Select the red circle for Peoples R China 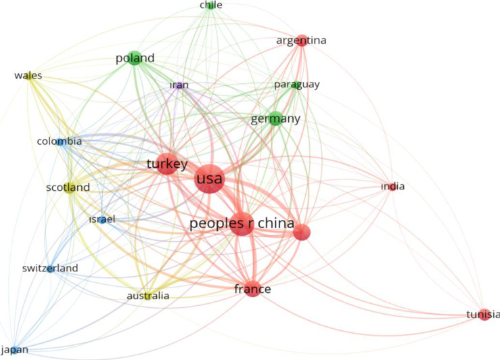coord(242,224)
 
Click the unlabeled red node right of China coord(301,232)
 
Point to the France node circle coord(252,289)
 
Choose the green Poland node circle coord(135,58)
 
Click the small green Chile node coord(210,5)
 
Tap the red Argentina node coord(302,41)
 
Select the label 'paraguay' coord(296,85)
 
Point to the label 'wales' coord(28,76)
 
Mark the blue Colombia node coord(61,142)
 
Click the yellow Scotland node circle coord(70,187)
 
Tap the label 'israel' coord(103,219)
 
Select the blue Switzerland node coord(51,269)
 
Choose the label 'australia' coord(148,296)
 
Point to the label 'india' coord(392,187)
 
